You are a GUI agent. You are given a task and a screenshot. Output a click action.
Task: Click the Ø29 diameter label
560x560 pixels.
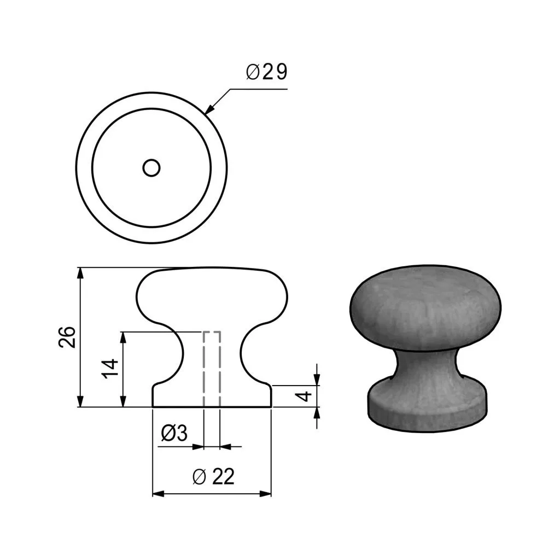click(266, 72)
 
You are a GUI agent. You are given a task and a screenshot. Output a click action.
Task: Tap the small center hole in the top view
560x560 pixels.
click(151, 168)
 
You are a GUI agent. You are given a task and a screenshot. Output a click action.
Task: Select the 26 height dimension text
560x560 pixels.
click(67, 337)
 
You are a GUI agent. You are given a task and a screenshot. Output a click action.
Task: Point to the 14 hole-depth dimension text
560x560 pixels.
click(109, 369)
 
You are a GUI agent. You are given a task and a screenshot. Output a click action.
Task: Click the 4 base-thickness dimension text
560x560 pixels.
click(305, 396)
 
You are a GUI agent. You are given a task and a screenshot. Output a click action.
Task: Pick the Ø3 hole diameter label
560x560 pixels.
click(174, 433)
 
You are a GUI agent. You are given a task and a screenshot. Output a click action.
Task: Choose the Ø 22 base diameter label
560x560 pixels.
click(213, 476)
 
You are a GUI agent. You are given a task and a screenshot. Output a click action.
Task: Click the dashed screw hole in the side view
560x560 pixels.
click(212, 369)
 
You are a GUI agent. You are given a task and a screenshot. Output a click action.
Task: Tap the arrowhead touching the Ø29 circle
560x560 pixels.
click(211, 109)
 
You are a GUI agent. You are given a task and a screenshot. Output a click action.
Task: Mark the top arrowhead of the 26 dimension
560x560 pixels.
click(81, 273)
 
